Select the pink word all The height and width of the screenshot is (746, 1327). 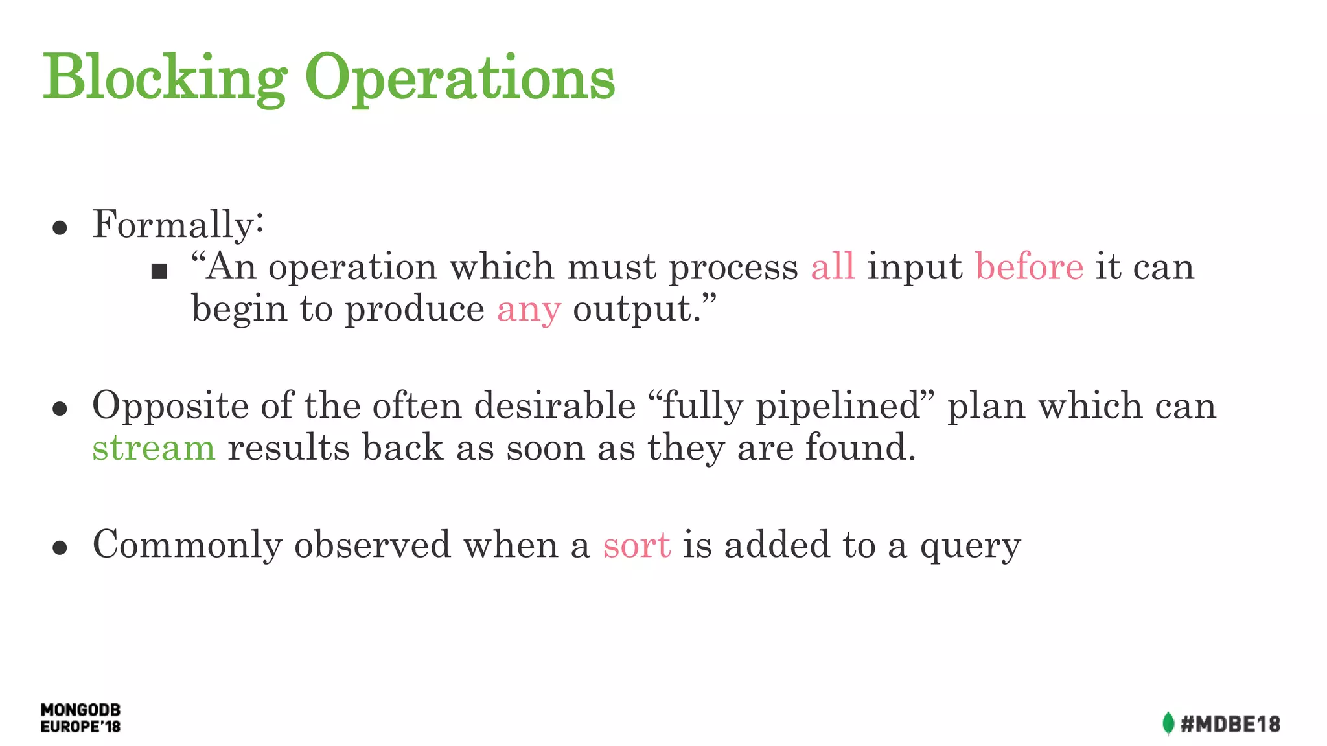click(x=833, y=267)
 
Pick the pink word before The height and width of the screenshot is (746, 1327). click(x=1029, y=267)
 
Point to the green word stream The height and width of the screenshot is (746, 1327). click(x=154, y=448)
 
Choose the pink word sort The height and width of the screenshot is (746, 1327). click(x=636, y=545)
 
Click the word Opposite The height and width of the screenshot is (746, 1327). click(x=170, y=407)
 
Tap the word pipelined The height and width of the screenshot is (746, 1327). click(x=838, y=407)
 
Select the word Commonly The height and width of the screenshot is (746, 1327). click(x=187, y=545)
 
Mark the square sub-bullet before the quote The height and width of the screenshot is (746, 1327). click(x=159, y=271)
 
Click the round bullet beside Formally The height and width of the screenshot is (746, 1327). click(x=60, y=228)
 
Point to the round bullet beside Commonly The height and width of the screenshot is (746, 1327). click(x=60, y=548)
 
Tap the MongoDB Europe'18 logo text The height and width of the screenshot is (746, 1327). click(x=80, y=718)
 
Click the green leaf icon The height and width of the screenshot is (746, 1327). click(x=1168, y=723)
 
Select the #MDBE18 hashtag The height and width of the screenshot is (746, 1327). click(x=1230, y=724)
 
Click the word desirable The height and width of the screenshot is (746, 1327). click(x=555, y=406)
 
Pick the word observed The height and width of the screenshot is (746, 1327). click(x=372, y=545)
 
